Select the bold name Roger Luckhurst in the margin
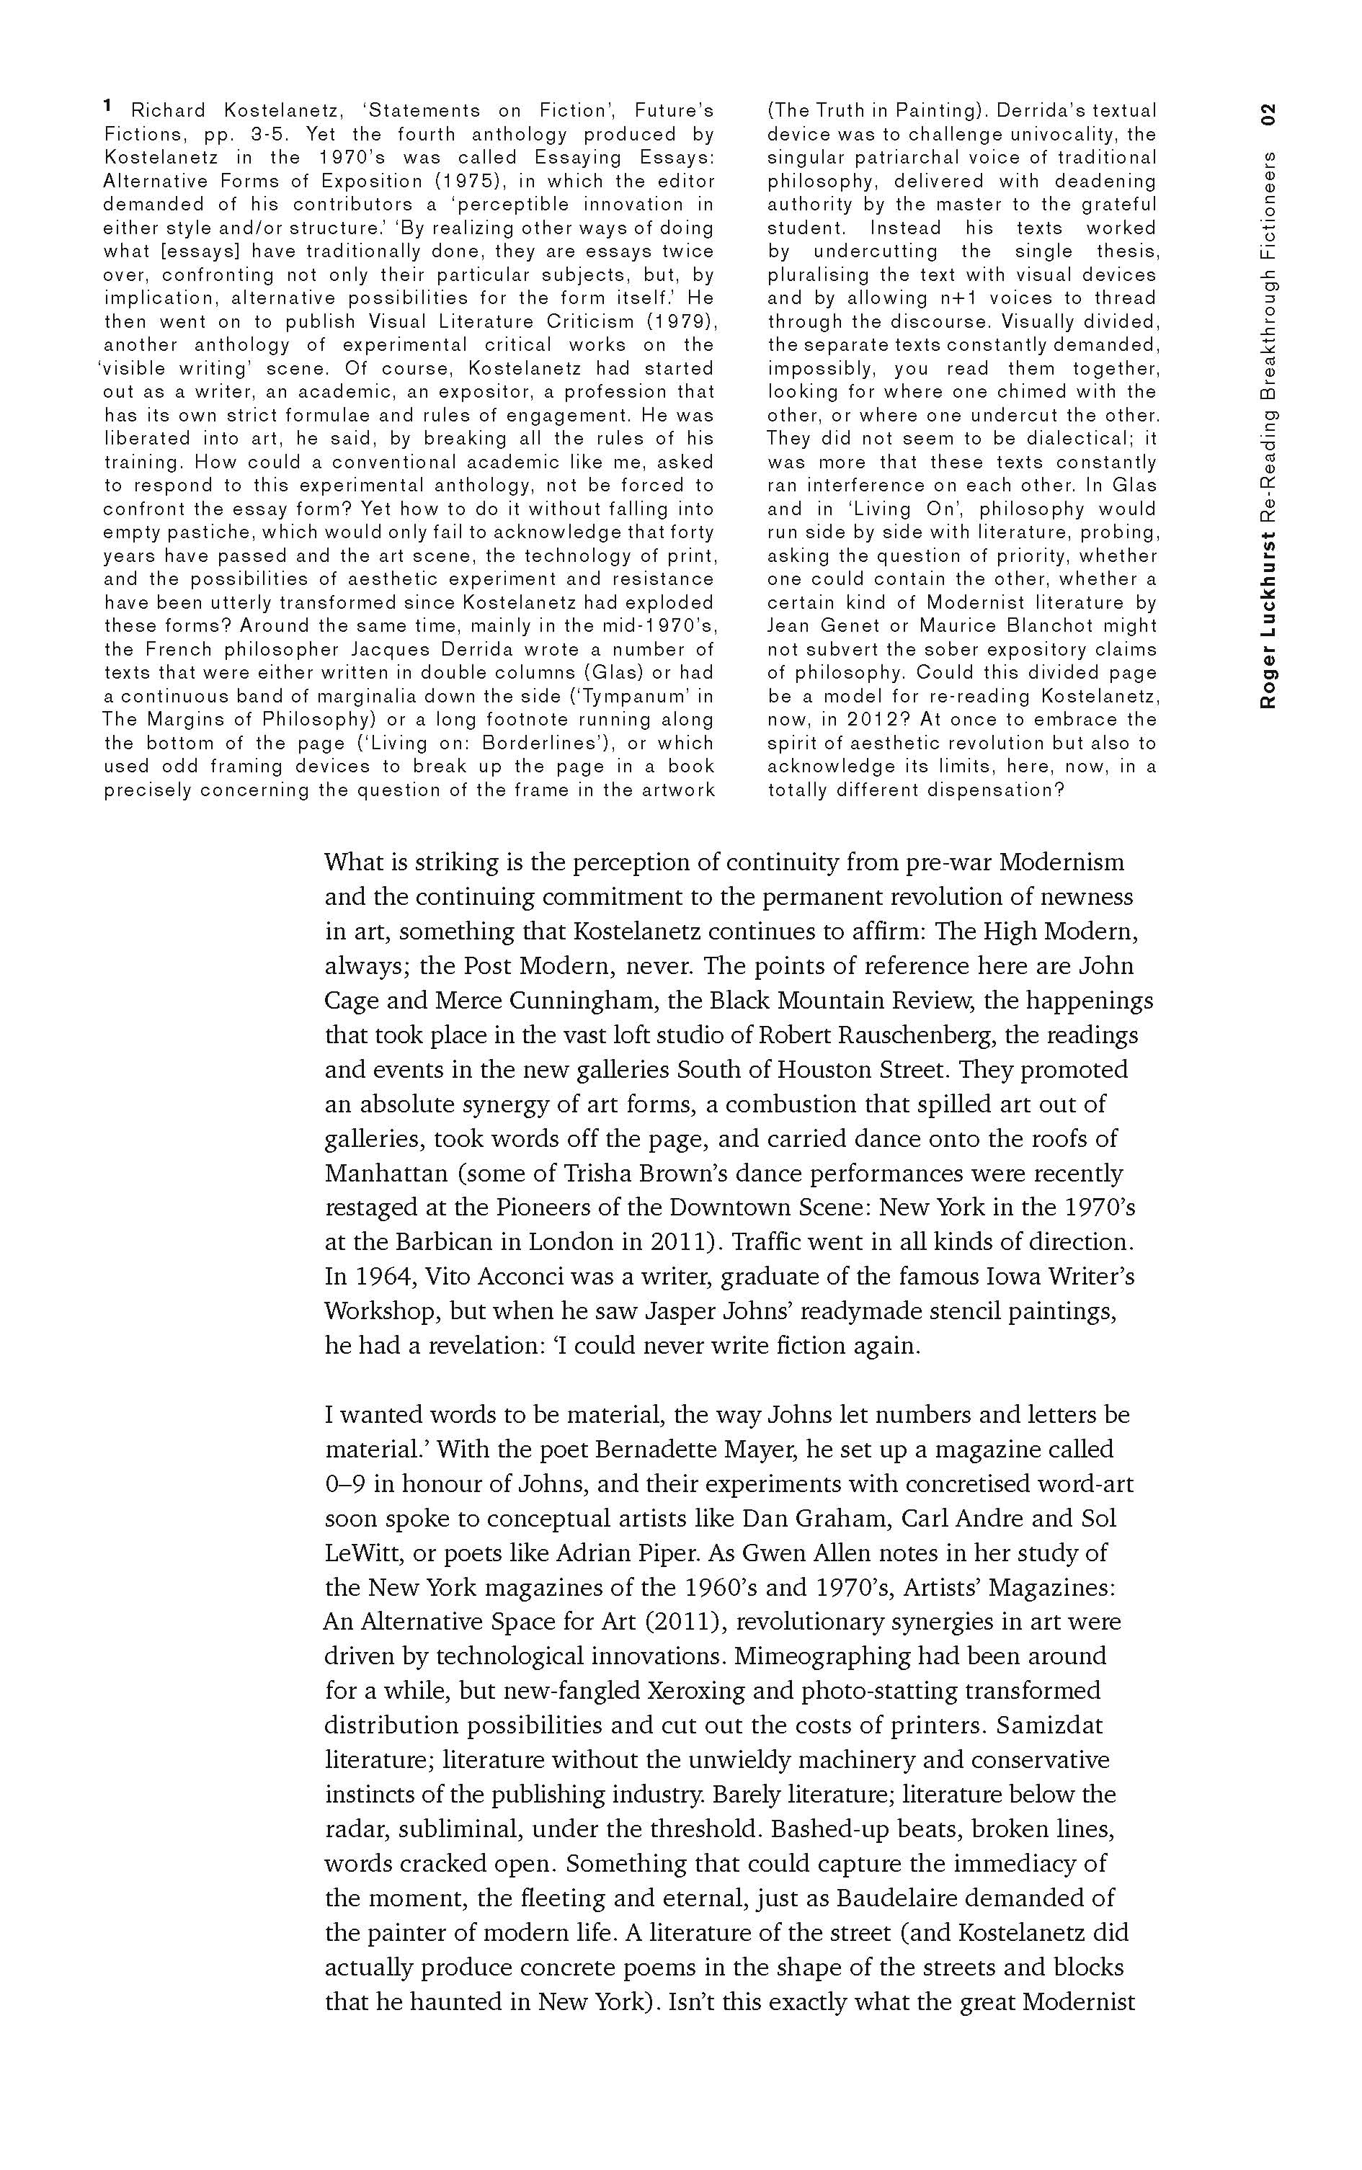tap(1268, 620)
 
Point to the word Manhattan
tap(386, 1174)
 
